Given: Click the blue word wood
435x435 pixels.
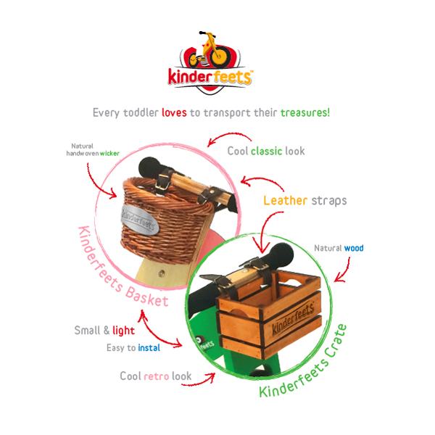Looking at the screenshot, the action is click(x=354, y=248).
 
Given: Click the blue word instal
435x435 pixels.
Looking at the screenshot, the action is click(x=148, y=347).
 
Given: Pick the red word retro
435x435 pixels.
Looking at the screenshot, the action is click(x=159, y=376).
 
